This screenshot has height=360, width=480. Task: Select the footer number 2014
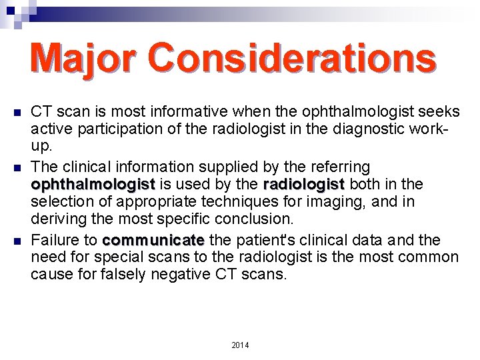239,345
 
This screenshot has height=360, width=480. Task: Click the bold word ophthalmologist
93,183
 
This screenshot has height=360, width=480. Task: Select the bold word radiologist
304,183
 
